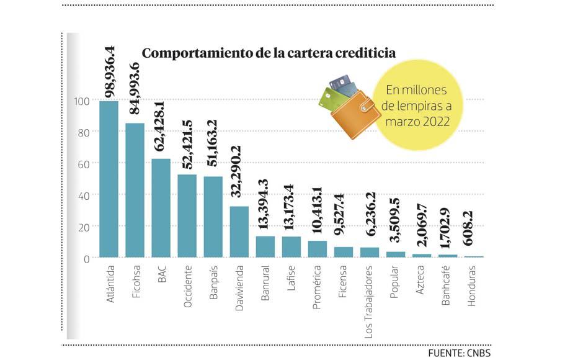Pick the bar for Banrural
265,246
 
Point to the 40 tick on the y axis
84,195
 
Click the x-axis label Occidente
187,286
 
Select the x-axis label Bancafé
447,287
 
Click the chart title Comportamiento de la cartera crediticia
269,53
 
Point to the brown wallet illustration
355,115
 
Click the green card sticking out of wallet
328,99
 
